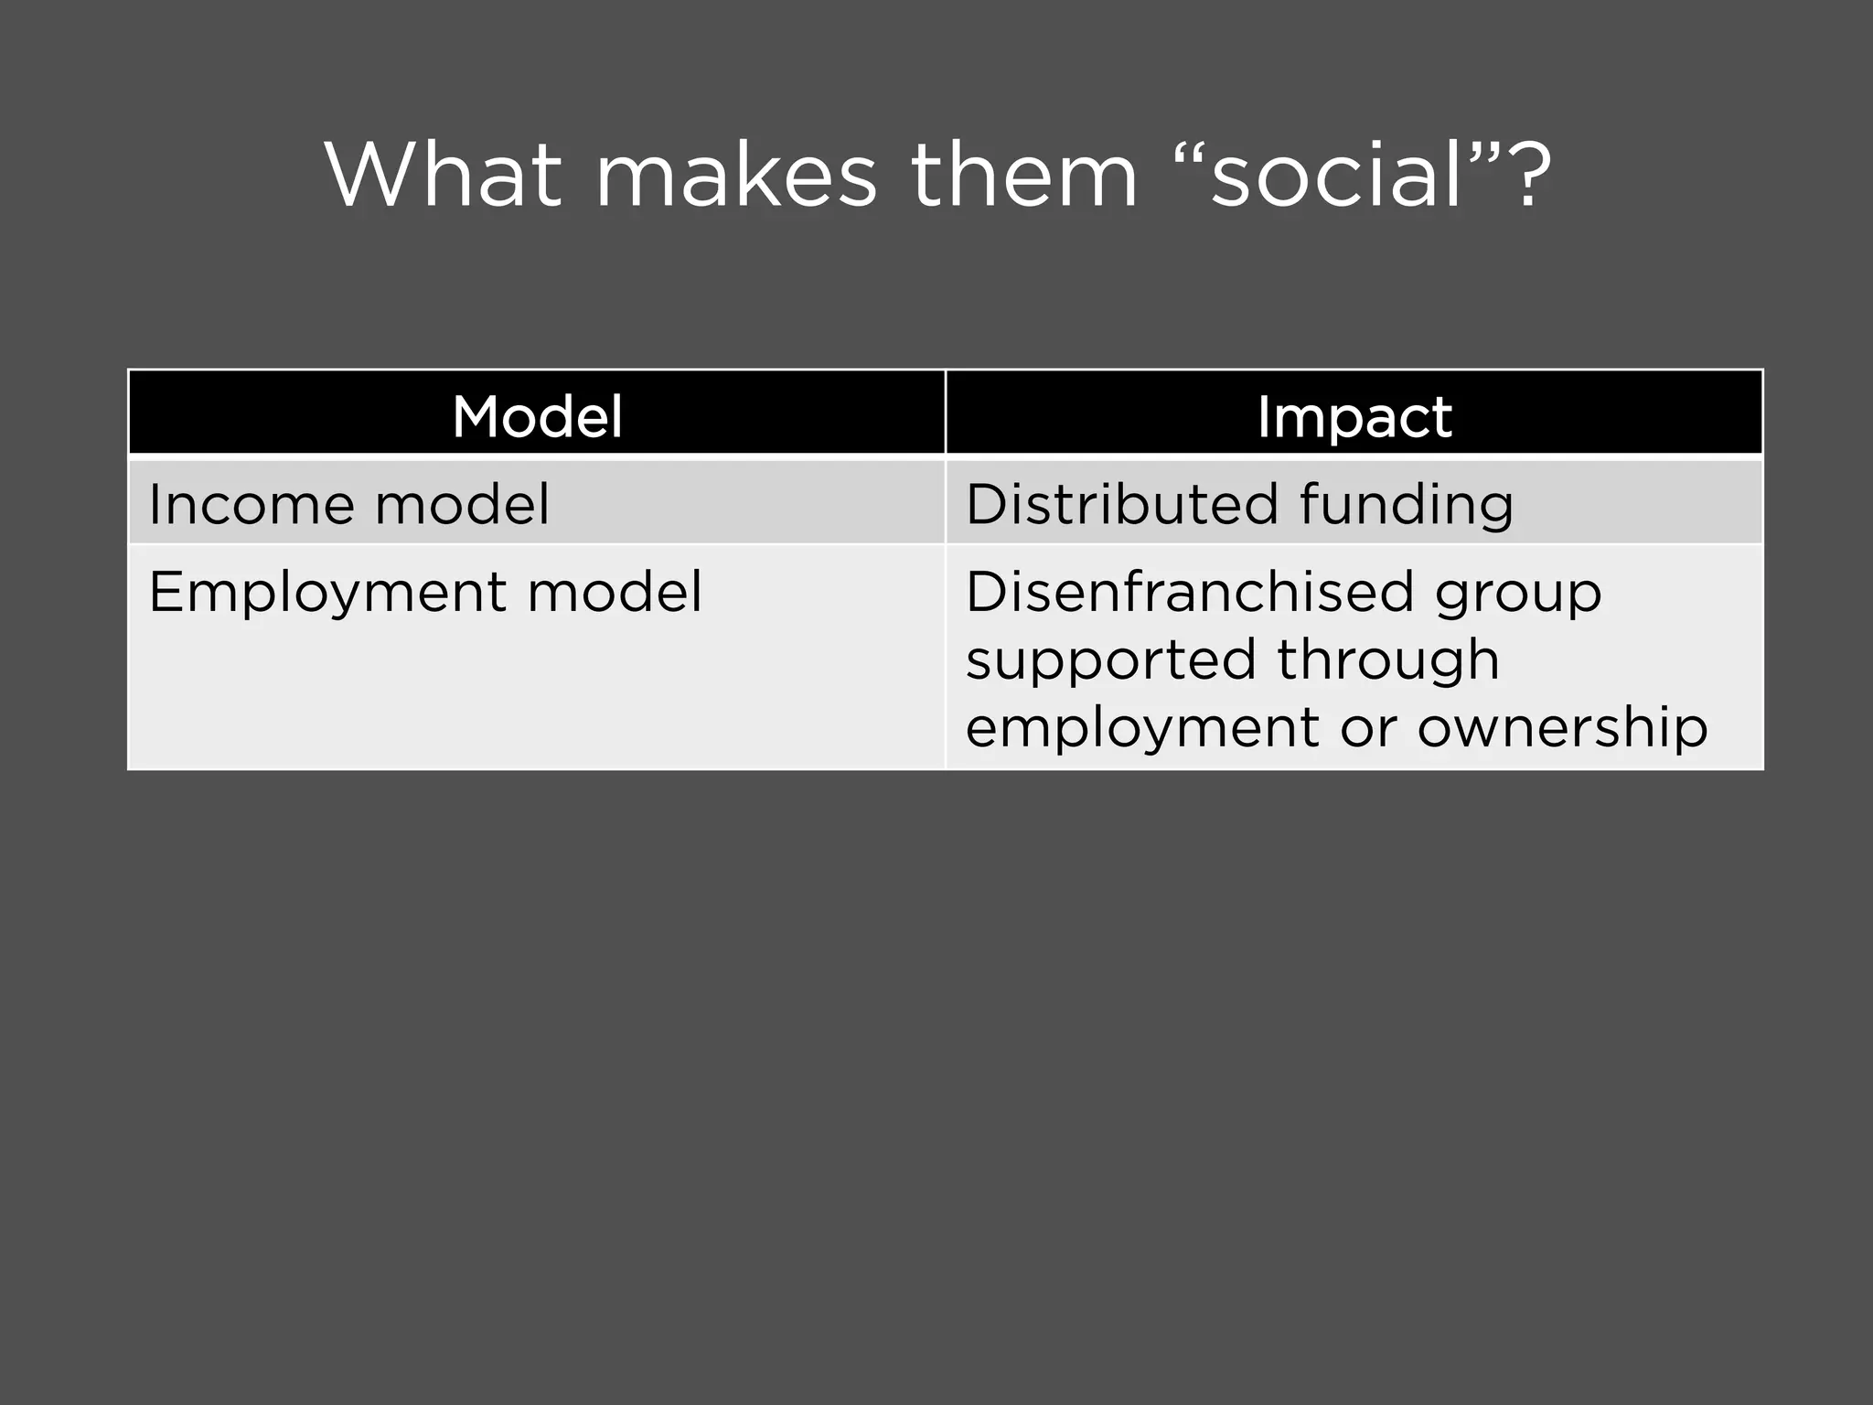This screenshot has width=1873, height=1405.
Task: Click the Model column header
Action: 537,416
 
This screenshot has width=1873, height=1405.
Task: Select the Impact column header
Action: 1354,416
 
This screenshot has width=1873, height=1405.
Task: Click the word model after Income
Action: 463,504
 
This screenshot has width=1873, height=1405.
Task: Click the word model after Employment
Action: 615,592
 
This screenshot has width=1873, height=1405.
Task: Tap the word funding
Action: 1406,506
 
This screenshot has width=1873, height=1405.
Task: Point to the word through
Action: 1388,660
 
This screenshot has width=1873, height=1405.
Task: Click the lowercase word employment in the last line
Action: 1141,729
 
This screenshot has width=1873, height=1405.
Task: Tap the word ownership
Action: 1562,729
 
